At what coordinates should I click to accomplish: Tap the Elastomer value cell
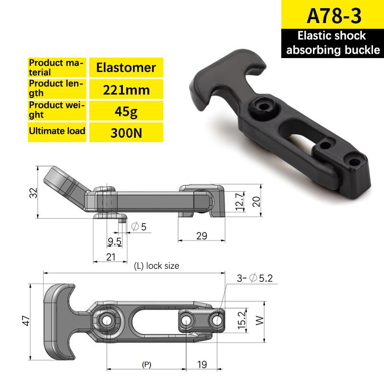click(x=126, y=67)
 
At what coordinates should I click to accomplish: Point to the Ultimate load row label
click(x=57, y=131)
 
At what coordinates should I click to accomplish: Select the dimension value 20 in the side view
click(x=257, y=201)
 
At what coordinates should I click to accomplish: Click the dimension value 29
click(x=202, y=235)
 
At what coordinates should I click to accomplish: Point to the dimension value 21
click(x=111, y=257)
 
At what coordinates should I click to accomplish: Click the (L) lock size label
click(x=156, y=265)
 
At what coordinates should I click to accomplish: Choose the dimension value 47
click(x=28, y=321)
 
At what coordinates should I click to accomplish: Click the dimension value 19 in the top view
click(x=202, y=364)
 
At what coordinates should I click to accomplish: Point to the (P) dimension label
click(x=146, y=365)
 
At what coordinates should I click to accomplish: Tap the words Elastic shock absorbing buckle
click(x=331, y=43)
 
